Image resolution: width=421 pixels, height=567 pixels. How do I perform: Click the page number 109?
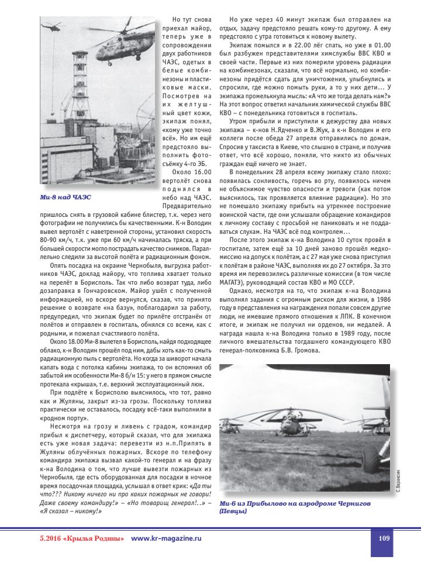click(384, 538)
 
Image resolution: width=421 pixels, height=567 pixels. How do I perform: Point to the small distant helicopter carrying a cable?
click(53, 26)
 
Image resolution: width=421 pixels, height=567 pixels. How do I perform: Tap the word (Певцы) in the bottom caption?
click(232, 512)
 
